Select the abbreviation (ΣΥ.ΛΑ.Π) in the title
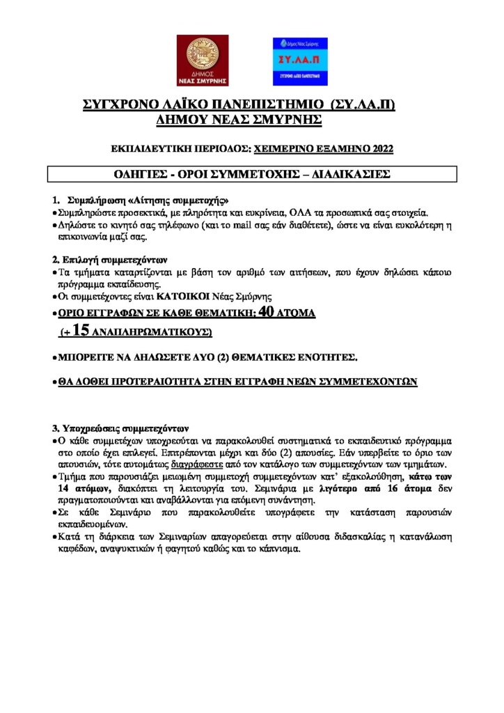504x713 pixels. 364,106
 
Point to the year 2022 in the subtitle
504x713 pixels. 383,148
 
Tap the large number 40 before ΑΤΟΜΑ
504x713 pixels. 268,313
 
